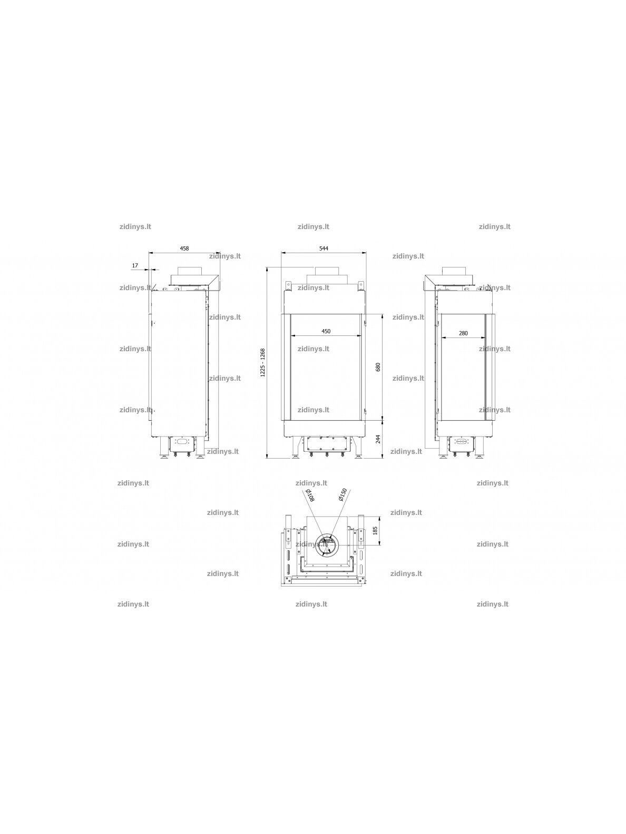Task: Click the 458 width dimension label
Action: pyautogui.click(x=184, y=249)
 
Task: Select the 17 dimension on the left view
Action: pyautogui.click(x=135, y=265)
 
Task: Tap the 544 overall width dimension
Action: pyautogui.click(x=324, y=249)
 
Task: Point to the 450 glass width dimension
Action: pyautogui.click(x=326, y=331)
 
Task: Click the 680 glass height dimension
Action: pyautogui.click(x=378, y=367)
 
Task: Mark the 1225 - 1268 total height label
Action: pyautogui.click(x=262, y=363)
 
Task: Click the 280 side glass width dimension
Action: pyautogui.click(x=463, y=333)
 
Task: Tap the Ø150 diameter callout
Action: pyautogui.click(x=343, y=495)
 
